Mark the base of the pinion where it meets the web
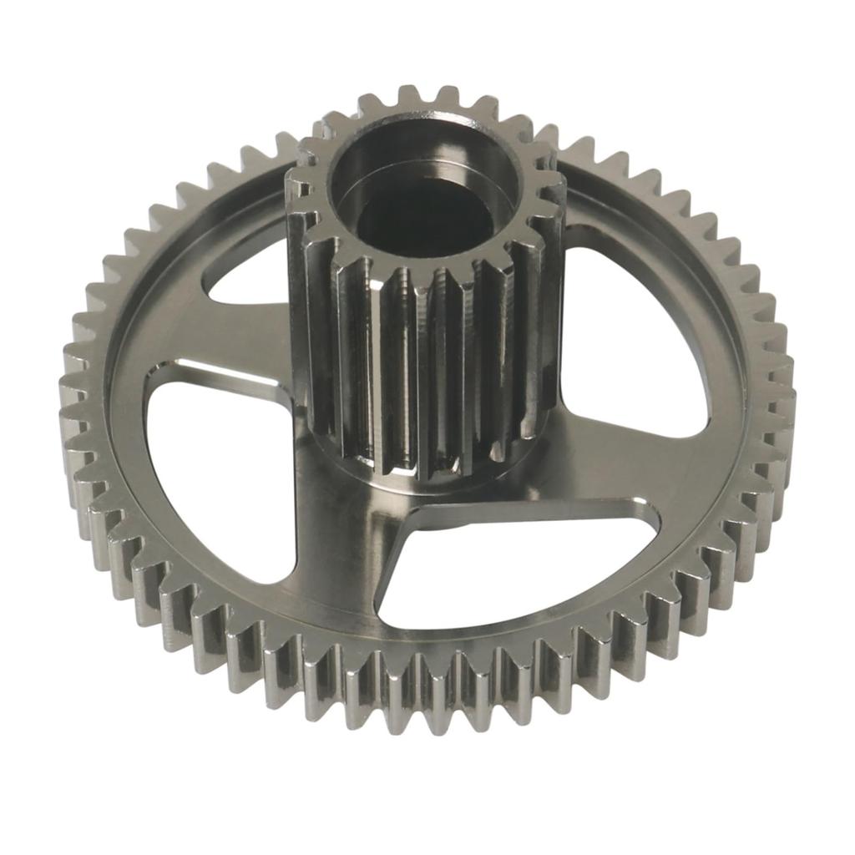click(417, 476)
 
